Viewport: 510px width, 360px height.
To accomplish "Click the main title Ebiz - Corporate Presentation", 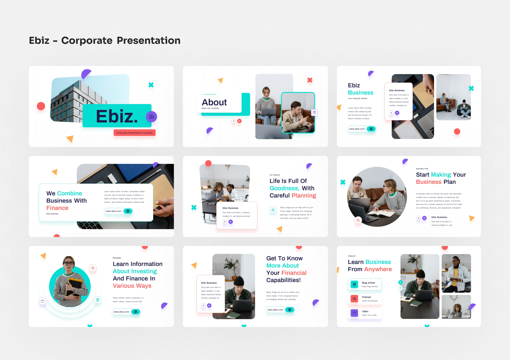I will (105, 40).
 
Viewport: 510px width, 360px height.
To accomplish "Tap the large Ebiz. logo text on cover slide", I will (117, 116).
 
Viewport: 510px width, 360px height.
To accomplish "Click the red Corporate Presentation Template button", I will (134, 133).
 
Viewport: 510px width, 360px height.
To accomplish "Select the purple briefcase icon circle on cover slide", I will (151, 117).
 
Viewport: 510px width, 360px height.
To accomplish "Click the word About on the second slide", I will (214, 102).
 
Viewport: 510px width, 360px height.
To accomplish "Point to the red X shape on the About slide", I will (310, 80).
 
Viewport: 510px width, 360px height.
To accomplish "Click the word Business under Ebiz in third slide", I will (360, 93).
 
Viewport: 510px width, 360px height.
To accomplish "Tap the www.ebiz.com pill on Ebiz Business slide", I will (361, 129).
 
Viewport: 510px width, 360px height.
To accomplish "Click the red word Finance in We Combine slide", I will (57, 208).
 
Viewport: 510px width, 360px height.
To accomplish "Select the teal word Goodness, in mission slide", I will (284, 188).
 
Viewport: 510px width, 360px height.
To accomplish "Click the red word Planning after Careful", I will (304, 196).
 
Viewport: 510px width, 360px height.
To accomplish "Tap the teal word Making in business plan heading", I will (441, 175).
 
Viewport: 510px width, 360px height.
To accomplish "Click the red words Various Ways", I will (132, 286).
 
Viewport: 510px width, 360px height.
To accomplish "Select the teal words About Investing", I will (135, 271).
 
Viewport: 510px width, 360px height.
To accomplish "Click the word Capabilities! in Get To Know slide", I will (283, 280).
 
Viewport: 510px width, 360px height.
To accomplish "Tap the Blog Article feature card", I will (365, 284).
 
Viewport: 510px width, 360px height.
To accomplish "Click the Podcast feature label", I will (366, 297).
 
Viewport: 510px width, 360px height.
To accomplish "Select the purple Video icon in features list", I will (354, 313).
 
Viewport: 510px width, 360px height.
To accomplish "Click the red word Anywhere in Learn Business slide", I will (378, 269).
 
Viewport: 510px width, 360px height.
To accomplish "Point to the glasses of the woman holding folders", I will (69, 263).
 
